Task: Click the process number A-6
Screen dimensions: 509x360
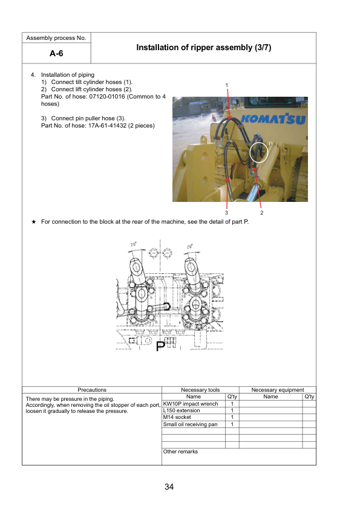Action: (56, 54)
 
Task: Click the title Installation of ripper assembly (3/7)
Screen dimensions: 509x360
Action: (203, 47)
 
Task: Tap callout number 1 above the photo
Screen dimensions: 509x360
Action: (227, 85)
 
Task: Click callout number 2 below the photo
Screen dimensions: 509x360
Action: (261, 213)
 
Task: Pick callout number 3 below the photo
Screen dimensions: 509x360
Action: (226, 213)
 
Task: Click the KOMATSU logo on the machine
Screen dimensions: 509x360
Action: (273, 119)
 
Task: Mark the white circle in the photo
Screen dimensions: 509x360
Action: (258, 151)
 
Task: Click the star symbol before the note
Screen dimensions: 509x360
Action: (34, 222)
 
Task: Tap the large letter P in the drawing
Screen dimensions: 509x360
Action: (160, 346)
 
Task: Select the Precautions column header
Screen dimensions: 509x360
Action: (92, 390)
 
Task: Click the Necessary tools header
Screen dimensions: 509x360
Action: (200, 390)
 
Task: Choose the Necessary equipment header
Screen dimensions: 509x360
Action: (277, 390)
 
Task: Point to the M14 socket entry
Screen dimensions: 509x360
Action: (177, 417)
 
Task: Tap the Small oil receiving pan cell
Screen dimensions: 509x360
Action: (190, 424)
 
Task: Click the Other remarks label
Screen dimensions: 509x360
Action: (180, 452)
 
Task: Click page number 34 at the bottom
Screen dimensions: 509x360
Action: (169, 487)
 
